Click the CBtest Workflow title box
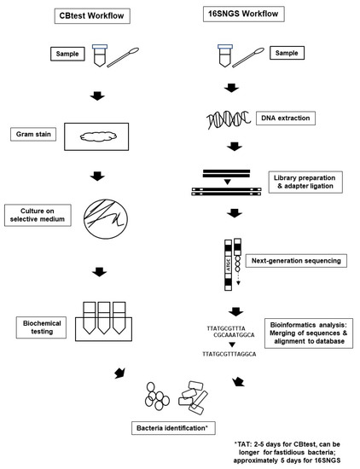[x=92, y=16]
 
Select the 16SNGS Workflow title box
[x=244, y=14]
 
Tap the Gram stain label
[x=33, y=134]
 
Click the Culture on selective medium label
[x=38, y=215]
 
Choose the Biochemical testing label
[x=41, y=327]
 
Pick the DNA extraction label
[x=286, y=119]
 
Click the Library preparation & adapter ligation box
[x=305, y=182]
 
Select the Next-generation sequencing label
[x=296, y=261]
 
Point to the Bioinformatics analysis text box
[x=309, y=333]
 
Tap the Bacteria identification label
[x=173, y=428]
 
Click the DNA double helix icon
[x=229, y=119]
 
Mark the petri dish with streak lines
[x=106, y=219]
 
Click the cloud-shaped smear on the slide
[x=98, y=137]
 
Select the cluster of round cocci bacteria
[x=157, y=396]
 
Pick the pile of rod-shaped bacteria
[x=193, y=397]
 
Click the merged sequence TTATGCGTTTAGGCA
[x=229, y=354]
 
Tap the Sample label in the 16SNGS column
[x=287, y=53]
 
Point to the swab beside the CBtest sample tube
[x=123, y=57]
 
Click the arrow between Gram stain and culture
[x=97, y=176]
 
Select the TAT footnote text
[x=287, y=452]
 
